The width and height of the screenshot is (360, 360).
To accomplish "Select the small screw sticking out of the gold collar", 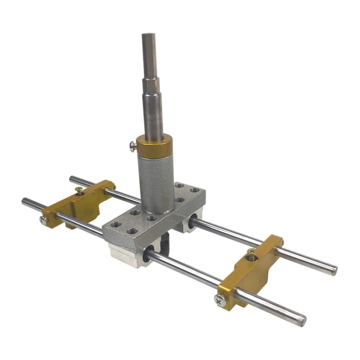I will (133, 146).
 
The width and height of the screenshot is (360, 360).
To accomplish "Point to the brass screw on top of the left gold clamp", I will (78, 191).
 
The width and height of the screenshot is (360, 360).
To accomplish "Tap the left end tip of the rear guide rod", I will (72, 178).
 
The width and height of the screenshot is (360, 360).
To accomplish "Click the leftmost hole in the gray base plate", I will (115, 224).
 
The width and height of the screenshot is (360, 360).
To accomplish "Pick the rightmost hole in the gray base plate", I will (194, 190).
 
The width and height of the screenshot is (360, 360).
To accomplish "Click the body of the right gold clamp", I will (252, 273).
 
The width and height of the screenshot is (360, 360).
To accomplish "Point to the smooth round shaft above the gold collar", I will (154, 115).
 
